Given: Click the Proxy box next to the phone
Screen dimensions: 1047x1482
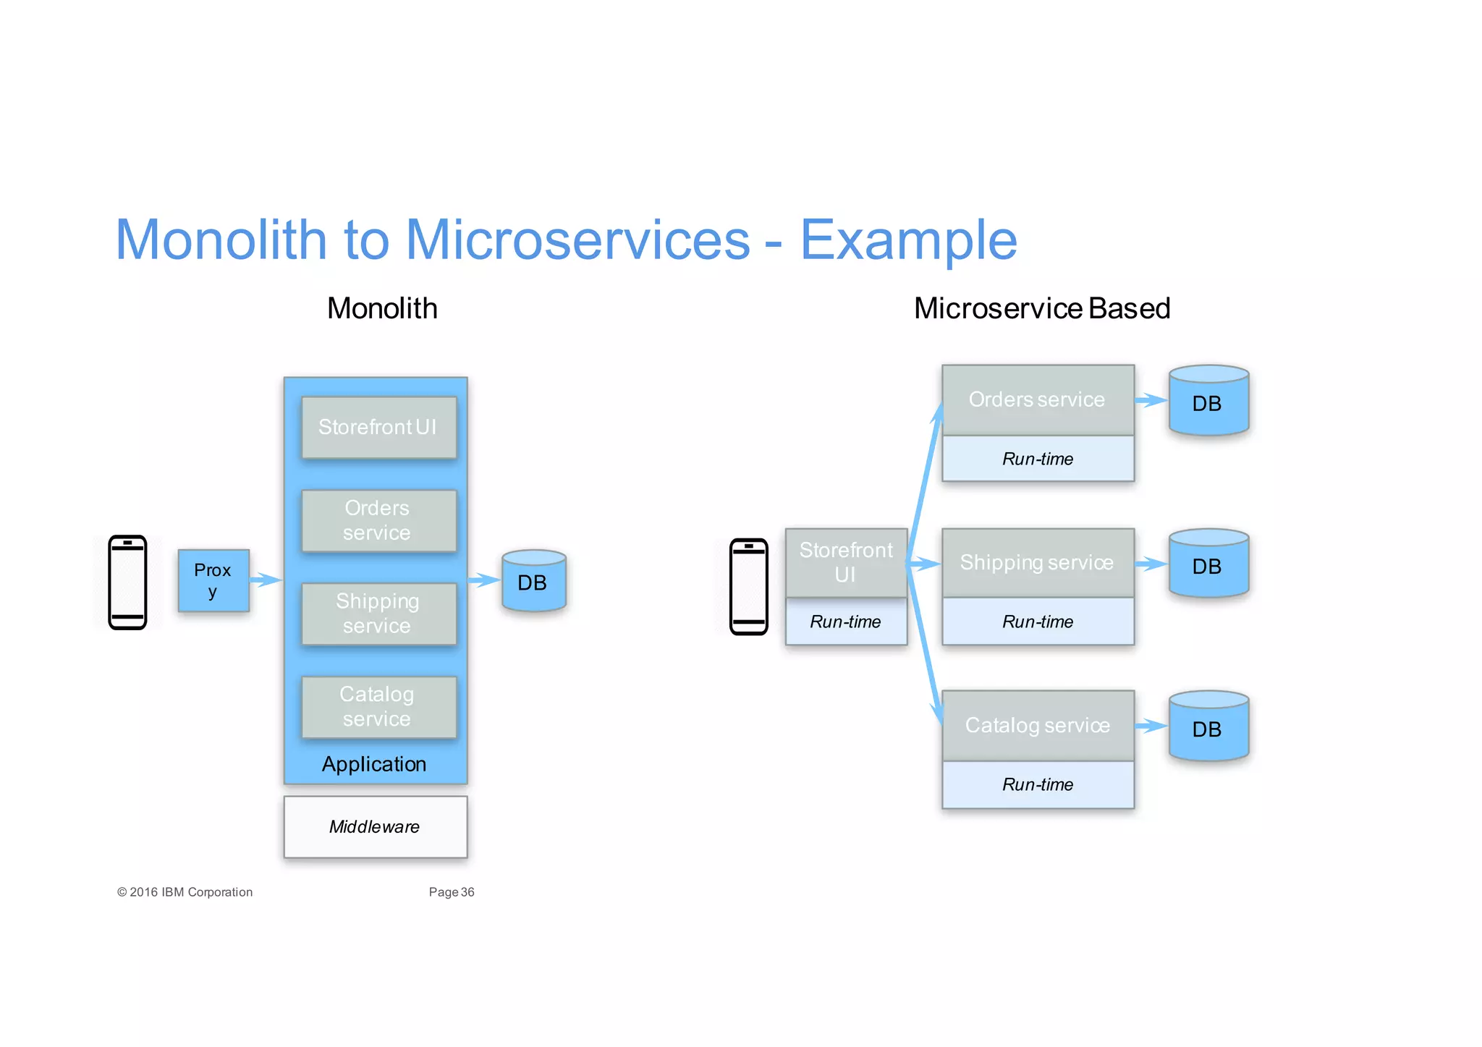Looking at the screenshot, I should [213, 580].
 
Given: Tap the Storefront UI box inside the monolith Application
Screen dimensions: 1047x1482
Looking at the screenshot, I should [378, 427].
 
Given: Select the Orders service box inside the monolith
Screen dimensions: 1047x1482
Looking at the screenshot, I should [378, 520].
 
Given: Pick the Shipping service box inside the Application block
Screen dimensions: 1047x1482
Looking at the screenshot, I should [378, 613].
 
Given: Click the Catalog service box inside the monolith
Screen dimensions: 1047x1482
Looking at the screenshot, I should [378, 706].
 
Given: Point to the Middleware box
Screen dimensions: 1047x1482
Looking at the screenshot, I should [375, 826].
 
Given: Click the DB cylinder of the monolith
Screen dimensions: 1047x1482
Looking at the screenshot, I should [533, 581].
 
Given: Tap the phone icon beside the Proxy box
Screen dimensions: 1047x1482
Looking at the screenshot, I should [127, 582].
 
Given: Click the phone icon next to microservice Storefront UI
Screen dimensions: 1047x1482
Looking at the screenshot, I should [748, 586].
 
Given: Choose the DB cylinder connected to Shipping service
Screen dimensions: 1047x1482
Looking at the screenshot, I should [1208, 564].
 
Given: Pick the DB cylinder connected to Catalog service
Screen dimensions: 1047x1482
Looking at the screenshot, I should [1208, 726].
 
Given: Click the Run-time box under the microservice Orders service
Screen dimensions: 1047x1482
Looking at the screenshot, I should [1037, 459].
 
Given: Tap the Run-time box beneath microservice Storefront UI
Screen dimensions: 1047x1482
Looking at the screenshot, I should [845, 622].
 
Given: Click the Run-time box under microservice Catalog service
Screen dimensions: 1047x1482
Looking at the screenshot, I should [1037, 784].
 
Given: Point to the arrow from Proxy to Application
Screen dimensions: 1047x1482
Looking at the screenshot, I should [266, 580].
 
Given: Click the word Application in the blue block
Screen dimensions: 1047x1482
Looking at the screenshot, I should [374, 764].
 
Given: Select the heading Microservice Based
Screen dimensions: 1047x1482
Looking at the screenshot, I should [1041, 308].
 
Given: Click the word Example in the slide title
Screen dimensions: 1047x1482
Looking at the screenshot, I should [908, 240].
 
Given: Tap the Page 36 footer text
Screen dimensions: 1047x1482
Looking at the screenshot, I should [451, 892].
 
